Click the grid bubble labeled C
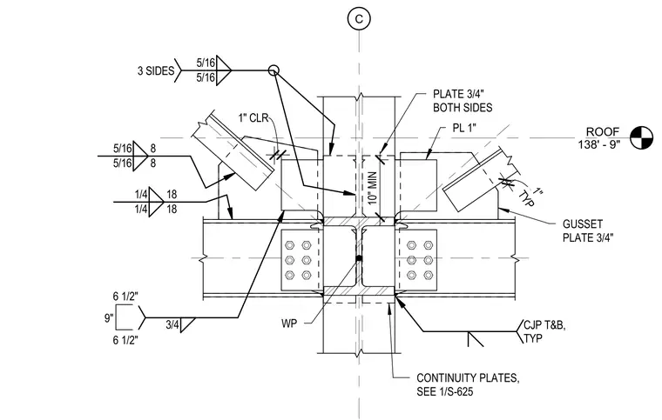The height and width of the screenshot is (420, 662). [359, 19]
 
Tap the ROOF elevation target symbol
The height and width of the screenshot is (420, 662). [641, 137]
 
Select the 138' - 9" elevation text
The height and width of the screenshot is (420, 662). [599, 144]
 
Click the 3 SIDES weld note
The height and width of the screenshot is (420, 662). [155, 70]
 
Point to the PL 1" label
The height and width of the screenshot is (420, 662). [464, 128]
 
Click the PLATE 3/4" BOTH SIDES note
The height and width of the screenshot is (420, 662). [463, 101]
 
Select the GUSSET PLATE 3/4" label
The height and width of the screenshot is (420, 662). [588, 230]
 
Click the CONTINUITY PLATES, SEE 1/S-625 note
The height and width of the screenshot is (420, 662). [468, 384]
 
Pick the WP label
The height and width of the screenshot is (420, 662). [289, 323]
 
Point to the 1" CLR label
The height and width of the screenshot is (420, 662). [253, 117]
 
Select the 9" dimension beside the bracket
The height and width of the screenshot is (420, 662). [109, 317]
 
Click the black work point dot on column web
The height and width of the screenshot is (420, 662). [359, 258]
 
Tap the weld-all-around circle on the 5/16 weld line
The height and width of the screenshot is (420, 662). [274, 70]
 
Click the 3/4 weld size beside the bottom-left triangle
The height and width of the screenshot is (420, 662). [172, 324]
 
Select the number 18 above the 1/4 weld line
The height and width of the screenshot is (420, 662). [172, 195]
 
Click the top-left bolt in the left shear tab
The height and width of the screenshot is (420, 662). [290, 245]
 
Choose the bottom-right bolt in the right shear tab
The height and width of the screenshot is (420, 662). [428, 276]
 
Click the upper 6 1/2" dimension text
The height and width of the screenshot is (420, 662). [125, 297]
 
